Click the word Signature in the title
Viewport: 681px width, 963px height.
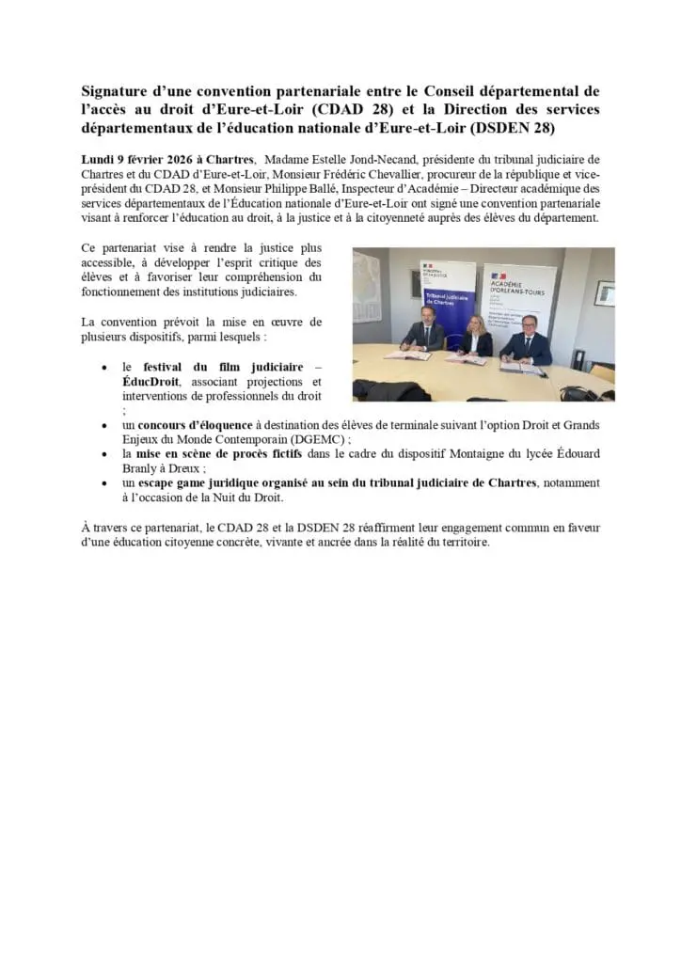pos(118,91)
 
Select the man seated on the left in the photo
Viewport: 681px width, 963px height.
pos(424,331)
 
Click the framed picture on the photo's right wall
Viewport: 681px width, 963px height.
pos(604,292)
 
